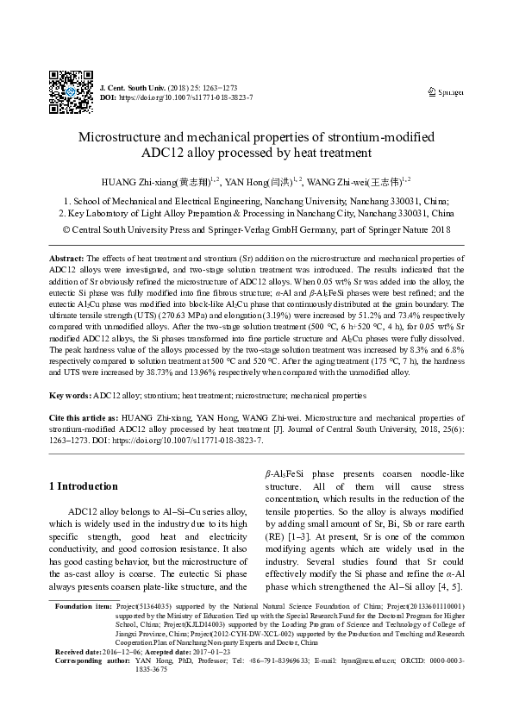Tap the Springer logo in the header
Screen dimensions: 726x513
click(446, 92)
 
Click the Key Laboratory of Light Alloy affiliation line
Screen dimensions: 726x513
click(256, 211)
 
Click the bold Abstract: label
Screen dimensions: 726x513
click(66, 259)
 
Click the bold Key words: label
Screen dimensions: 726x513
click(70, 395)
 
